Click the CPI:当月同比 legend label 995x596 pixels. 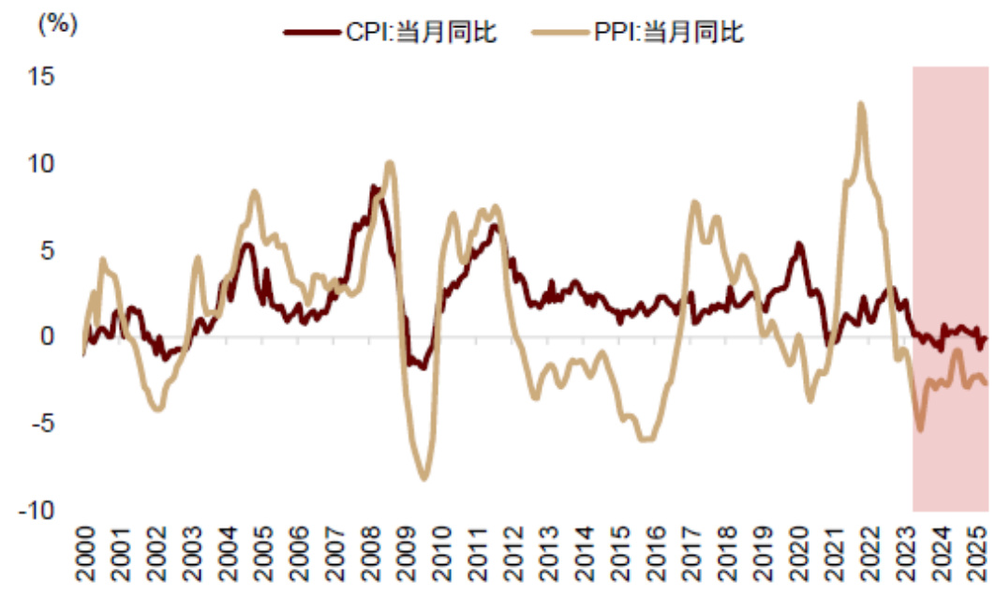[x=422, y=33]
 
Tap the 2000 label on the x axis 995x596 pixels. [x=85, y=559]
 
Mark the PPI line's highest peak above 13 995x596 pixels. [x=860, y=104]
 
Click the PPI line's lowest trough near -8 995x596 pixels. [x=424, y=479]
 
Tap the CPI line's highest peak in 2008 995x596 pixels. [x=374, y=187]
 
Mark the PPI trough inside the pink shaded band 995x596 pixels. [x=920, y=429]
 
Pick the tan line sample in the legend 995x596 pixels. [x=559, y=33]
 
